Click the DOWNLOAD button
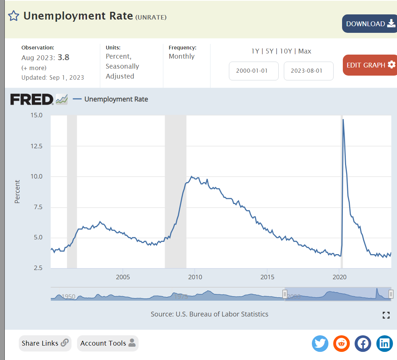pos(369,24)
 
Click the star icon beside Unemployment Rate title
pos(14,16)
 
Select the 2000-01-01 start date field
pos(254,71)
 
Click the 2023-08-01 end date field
pos(309,71)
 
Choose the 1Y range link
pos(255,51)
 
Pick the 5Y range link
pos(269,51)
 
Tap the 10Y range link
pos(286,51)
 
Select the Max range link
pos(305,51)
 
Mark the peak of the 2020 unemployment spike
pos(343,120)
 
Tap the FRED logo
pos(32,99)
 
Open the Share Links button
pos(45,343)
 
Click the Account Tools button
pos(108,343)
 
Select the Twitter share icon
pos(320,343)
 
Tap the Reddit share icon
pos(341,343)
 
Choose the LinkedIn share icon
pos(384,343)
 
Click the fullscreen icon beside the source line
pos(386,315)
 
